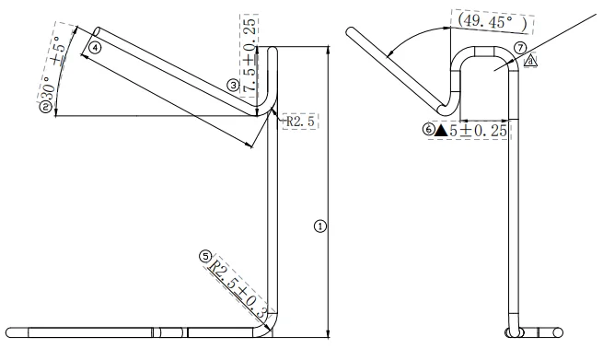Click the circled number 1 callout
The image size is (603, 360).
coord(320,226)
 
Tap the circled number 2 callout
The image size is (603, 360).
coord(45,107)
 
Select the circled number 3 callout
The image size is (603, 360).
coord(233,85)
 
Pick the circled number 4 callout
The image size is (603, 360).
coord(95,48)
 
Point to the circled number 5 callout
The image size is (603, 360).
coord(205,256)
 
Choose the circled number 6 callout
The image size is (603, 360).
coord(429,129)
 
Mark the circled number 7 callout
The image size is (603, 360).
coord(520,48)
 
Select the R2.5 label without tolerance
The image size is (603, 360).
coord(300,122)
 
